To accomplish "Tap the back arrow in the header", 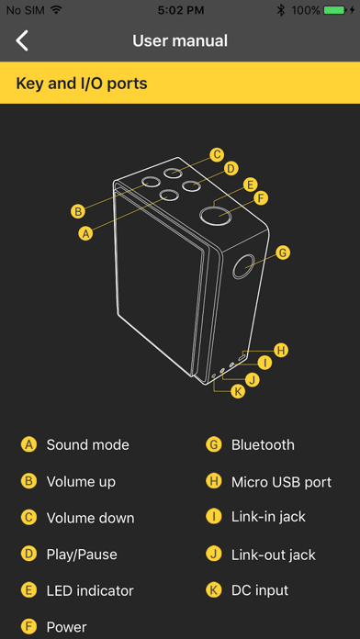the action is pyautogui.click(x=22, y=40).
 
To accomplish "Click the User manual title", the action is pyautogui.click(x=180, y=40).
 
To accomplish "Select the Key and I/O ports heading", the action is pyautogui.click(x=82, y=84).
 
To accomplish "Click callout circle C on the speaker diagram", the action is pyautogui.click(x=218, y=154).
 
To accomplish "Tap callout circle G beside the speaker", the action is pyautogui.click(x=283, y=252).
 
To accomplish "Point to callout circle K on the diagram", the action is pyautogui.click(x=238, y=392).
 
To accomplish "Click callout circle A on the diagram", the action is pyautogui.click(x=85, y=233).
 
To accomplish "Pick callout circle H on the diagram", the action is pyautogui.click(x=280, y=350).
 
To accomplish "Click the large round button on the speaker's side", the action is pyautogui.click(x=243, y=267).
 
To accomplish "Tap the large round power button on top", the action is pyautogui.click(x=216, y=214).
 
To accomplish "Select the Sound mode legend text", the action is pyautogui.click(x=87, y=444).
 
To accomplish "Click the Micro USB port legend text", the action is pyautogui.click(x=281, y=482).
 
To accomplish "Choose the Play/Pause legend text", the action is pyautogui.click(x=82, y=555).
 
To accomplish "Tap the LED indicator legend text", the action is pyautogui.click(x=90, y=590).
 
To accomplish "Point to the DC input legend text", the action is pyautogui.click(x=260, y=590).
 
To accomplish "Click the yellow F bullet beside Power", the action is pyautogui.click(x=28, y=627).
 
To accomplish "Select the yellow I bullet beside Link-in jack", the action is pyautogui.click(x=214, y=517).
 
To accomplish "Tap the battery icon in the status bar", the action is pyautogui.click(x=334, y=11).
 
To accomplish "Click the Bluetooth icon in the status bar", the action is pyautogui.click(x=281, y=11).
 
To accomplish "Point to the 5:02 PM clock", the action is pyautogui.click(x=181, y=11).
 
